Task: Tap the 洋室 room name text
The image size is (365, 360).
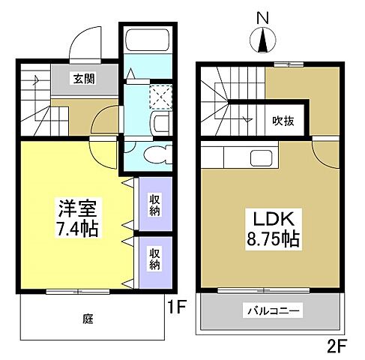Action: tap(76, 205)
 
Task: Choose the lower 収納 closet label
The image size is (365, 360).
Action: tap(154, 259)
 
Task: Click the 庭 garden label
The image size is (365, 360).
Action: tap(88, 318)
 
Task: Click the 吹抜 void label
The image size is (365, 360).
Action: tap(282, 120)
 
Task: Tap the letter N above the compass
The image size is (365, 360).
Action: tap(262, 16)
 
